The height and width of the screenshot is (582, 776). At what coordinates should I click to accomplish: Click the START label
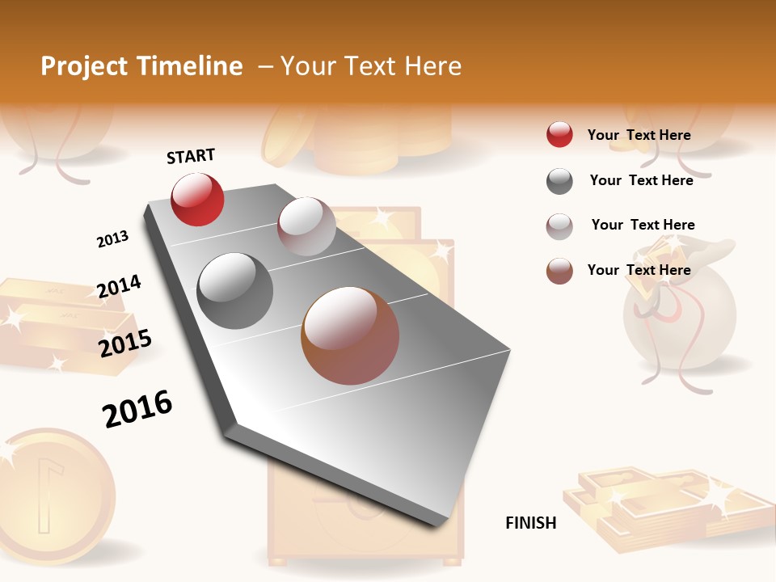click(191, 156)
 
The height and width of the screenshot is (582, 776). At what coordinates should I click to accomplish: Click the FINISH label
click(531, 523)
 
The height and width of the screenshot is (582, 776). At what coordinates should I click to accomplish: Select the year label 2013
click(112, 239)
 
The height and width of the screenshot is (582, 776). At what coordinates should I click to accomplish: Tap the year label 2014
click(119, 287)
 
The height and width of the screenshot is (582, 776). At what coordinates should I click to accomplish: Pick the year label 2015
click(125, 343)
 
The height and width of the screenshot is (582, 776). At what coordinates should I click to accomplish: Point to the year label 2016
click(137, 408)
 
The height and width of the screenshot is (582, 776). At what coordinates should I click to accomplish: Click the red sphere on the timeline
click(197, 199)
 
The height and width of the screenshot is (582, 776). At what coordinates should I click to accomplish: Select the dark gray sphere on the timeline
click(235, 291)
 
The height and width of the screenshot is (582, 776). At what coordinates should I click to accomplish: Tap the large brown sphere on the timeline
click(350, 335)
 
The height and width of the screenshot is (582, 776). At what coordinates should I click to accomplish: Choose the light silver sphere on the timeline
click(306, 226)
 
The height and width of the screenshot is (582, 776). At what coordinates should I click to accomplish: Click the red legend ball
click(559, 135)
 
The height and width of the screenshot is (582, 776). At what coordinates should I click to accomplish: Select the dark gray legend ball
click(559, 181)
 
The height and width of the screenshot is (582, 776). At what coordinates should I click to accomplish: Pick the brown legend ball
click(559, 271)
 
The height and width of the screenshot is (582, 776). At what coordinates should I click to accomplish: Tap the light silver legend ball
click(559, 226)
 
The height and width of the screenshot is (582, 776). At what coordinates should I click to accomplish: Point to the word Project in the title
click(84, 66)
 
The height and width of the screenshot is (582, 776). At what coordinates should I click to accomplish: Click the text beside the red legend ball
click(639, 135)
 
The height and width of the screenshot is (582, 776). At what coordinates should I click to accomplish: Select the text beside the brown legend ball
click(639, 270)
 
